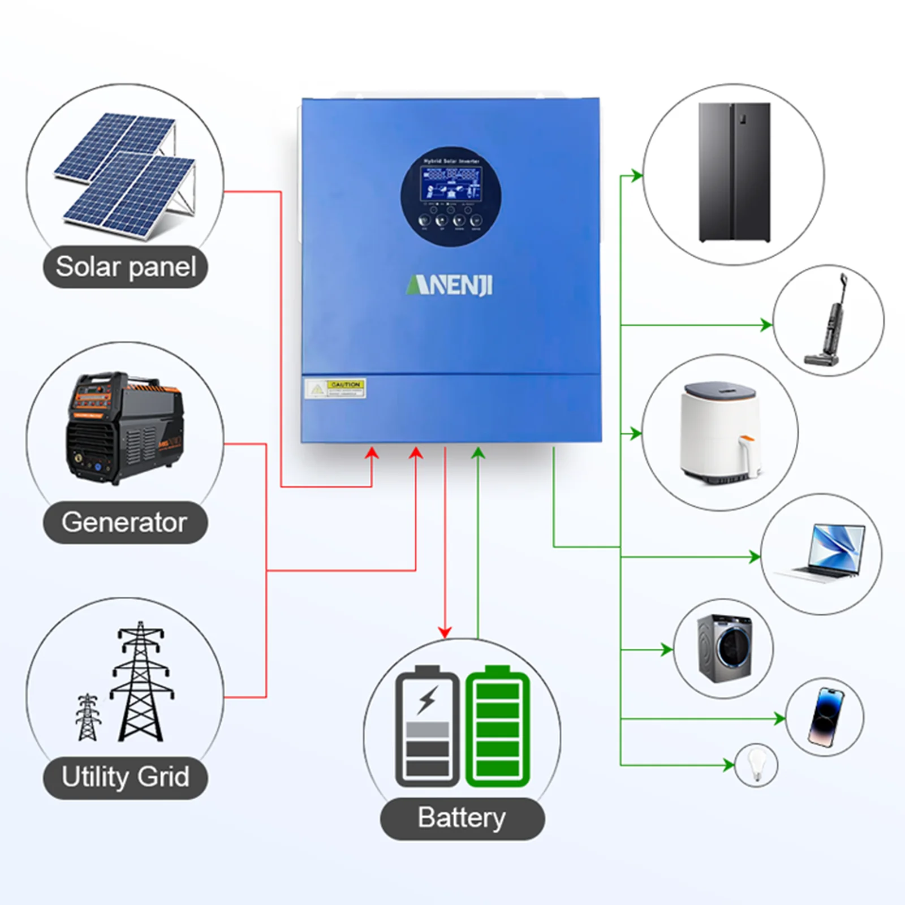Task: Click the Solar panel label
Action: pyautogui.click(x=126, y=267)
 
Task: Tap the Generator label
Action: pyautogui.click(x=125, y=522)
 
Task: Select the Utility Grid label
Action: pyautogui.click(x=126, y=777)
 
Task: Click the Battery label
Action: pyautogui.click(x=462, y=818)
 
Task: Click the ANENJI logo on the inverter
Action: pyautogui.click(x=450, y=285)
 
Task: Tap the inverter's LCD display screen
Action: pyautogui.click(x=451, y=183)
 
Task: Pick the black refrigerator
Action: pyautogui.click(x=734, y=172)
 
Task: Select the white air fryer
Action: pyautogui.click(x=720, y=432)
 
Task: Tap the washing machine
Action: pyautogui.click(x=725, y=648)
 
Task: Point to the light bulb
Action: pyautogui.click(x=756, y=764)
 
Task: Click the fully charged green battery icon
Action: pyautogui.click(x=497, y=727)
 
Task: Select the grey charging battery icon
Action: pyautogui.click(x=428, y=727)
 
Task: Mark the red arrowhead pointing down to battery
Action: pyautogui.click(x=445, y=632)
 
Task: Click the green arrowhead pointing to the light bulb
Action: pyautogui.click(x=729, y=765)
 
